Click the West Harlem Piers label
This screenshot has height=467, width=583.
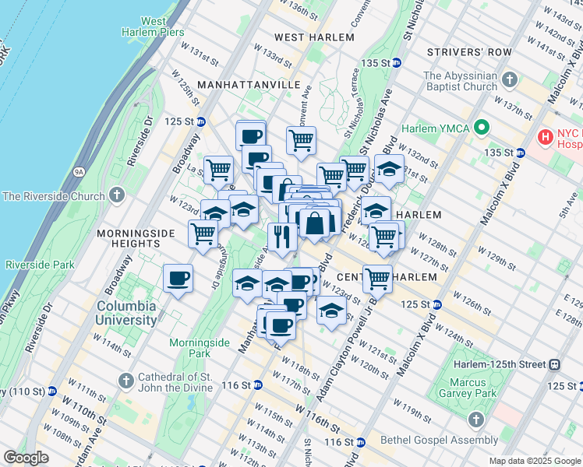(x=153, y=26)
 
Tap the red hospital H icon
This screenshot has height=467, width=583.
(x=546, y=138)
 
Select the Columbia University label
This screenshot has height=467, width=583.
(x=125, y=313)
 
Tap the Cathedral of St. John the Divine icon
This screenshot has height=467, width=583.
(x=126, y=381)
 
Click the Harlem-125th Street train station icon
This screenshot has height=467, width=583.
(x=554, y=363)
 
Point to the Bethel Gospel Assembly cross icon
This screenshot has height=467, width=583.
(x=476, y=420)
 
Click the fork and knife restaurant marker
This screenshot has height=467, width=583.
(x=282, y=236)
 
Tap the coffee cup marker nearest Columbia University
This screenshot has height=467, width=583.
(x=178, y=278)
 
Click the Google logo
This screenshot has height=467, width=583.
(x=26, y=458)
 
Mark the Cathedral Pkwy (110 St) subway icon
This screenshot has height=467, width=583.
(x=52, y=390)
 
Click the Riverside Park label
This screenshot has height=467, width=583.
(x=37, y=265)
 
